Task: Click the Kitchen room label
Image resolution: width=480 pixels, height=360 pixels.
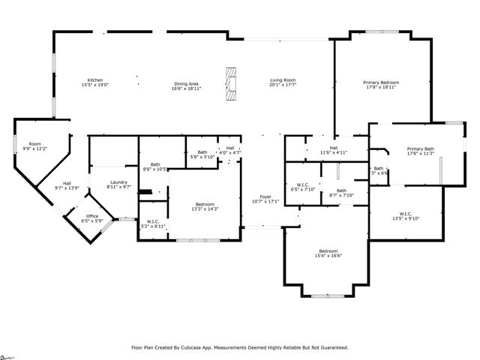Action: pyautogui.click(x=94, y=80)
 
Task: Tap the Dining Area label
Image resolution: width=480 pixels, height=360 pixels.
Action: pyautogui.click(x=186, y=83)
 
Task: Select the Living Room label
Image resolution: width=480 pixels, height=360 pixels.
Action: pyautogui.click(x=283, y=80)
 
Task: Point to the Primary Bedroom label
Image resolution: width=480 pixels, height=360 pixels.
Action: pyautogui.click(x=381, y=82)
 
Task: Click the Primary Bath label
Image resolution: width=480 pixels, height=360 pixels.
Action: pyautogui.click(x=421, y=148)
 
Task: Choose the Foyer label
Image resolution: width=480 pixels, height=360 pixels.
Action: pyautogui.click(x=265, y=196)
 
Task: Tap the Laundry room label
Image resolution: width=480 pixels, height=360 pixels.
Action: pyautogui.click(x=118, y=181)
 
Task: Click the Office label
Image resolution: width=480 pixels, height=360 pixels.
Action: pyautogui.click(x=91, y=217)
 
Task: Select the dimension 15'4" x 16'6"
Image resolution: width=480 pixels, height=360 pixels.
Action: pyautogui.click(x=329, y=256)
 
